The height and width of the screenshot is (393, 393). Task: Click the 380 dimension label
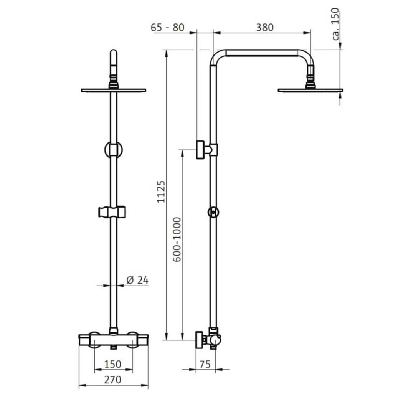(x=265, y=27)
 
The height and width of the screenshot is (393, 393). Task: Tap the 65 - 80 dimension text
(x=167, y=27)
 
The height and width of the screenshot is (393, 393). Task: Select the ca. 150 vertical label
(x=335, y=24)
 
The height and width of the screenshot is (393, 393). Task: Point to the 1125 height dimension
(x=161, y=192)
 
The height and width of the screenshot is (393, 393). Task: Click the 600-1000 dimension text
(x=177, y=239)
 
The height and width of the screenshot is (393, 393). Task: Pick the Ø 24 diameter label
(x=137, y=280)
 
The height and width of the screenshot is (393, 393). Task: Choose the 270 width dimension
(x=113, y=380)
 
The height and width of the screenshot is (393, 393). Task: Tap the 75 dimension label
(x=205, y=364)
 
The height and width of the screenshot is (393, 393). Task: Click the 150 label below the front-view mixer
(x=113, y=364)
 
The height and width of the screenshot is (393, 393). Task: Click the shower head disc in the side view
(x=310, y=90)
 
